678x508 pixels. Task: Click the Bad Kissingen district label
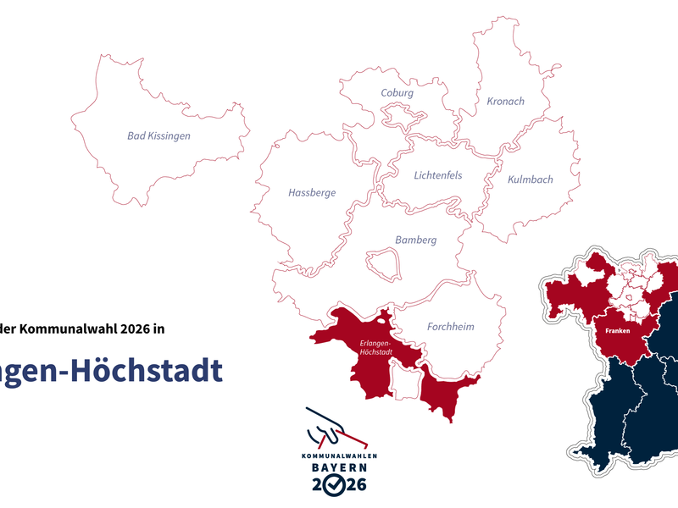[x=158, y=135]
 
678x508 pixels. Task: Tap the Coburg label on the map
[x=397, y=93]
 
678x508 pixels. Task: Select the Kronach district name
[x=505, y=102]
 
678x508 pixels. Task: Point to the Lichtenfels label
[x=438, y=176]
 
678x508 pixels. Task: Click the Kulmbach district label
[x=530, y=179]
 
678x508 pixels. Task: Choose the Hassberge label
[x=312, y=193]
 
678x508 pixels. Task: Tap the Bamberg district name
[x=415, y=240]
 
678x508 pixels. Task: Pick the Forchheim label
[x=451, y=327]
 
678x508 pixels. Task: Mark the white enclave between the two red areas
[x=405, y=383]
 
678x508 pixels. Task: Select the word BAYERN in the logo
[x=339, y=467]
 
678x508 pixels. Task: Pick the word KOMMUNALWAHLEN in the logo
[x=339, y=456]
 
